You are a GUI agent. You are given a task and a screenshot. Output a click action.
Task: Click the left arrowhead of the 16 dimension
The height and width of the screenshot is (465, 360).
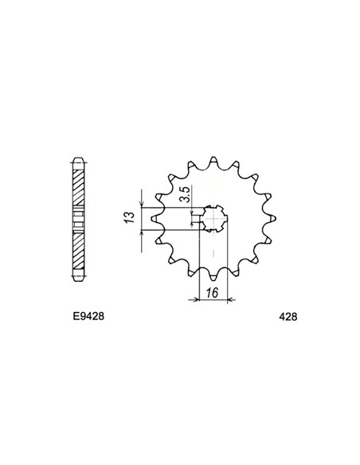pos(190,300)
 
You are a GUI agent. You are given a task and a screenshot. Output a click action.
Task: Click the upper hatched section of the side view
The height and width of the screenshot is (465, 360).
pos(78,183)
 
